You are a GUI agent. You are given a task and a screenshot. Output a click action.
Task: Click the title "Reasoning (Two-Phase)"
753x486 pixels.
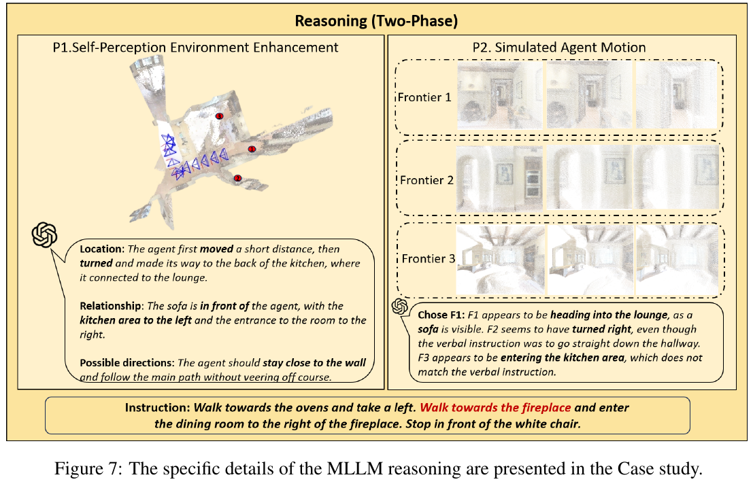(x=376, y=21)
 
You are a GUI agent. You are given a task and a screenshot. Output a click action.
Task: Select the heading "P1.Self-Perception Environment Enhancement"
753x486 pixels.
(x=195, y=48)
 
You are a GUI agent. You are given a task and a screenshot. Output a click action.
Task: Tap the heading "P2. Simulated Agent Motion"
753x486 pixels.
(x=559, y=48)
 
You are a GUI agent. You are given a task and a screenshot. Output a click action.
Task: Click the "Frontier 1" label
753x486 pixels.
(x=424, y=97)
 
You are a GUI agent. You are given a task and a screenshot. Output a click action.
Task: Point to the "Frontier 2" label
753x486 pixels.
(x=426, y=180)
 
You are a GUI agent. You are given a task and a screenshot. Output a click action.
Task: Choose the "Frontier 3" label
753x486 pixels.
(x=429, y=259)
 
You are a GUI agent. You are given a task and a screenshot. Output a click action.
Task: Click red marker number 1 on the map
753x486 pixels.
(x=252, y=150)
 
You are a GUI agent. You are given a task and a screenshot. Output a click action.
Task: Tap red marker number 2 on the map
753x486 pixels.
(x=237, y=179)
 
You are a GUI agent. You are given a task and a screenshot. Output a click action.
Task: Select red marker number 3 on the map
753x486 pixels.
(x=220, y=116)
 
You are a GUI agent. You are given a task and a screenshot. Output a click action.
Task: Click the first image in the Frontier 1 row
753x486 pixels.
(x=500, y=95)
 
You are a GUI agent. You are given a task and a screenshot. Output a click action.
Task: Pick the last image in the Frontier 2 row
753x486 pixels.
(x=677, y=177)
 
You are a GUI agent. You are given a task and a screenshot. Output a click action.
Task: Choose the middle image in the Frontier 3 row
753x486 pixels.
(x=590, y=260)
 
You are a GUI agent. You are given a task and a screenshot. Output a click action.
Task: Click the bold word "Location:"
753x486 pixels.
(x=102, y=249)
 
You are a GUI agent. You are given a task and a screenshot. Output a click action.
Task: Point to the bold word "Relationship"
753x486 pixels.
(x=111, y=306)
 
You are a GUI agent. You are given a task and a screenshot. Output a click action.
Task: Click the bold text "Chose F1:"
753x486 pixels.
(x=441, y=315)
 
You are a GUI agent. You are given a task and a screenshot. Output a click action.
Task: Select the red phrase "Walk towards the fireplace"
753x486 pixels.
(x=496, y=408)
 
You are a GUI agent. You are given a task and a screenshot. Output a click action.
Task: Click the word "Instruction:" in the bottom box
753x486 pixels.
(x=158, y=408)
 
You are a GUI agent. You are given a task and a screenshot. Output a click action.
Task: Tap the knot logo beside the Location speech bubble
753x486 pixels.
(x=44, y=235)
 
